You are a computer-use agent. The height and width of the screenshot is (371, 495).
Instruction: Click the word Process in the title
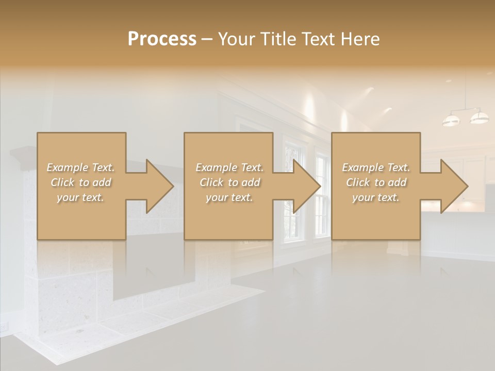pyautogui.click(x=162, y=39)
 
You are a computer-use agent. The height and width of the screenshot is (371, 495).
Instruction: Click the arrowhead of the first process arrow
pyautogui.click(x=160, y=186)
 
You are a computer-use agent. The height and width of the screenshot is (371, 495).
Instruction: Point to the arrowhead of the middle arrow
pyautogui.click(x=307, y=186)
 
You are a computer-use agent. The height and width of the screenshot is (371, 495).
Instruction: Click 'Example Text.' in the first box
pyautogui.click(x=81, y=167)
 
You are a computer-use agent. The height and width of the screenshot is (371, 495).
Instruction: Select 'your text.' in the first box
pyautogui.click(x=81, y=197)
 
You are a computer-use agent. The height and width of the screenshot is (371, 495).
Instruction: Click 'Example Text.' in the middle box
pyautogui.click(x=229, y=167)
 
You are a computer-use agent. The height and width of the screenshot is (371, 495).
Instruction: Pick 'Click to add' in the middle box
pyautogui.click(x=229, y=182)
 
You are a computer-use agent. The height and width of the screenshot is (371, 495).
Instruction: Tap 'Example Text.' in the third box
pyautogui.click(x=376, y=167)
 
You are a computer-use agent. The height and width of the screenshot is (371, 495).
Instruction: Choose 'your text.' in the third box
pyautogui.click(x=376, y=197)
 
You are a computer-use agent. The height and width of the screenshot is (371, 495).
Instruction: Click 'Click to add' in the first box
pyautogui.click(x=81, y=182)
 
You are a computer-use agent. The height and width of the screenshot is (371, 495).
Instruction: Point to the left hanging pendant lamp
pyautogui.click(x=451, y=121)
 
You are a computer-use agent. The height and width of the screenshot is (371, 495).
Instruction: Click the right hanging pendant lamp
pyautogui.click(x=479, y=117)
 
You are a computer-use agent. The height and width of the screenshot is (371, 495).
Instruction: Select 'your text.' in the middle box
pyautogui.click(x=229, y=197)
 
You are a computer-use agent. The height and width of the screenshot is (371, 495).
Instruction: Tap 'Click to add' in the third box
pyautogui.click(x=376, y=182)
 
